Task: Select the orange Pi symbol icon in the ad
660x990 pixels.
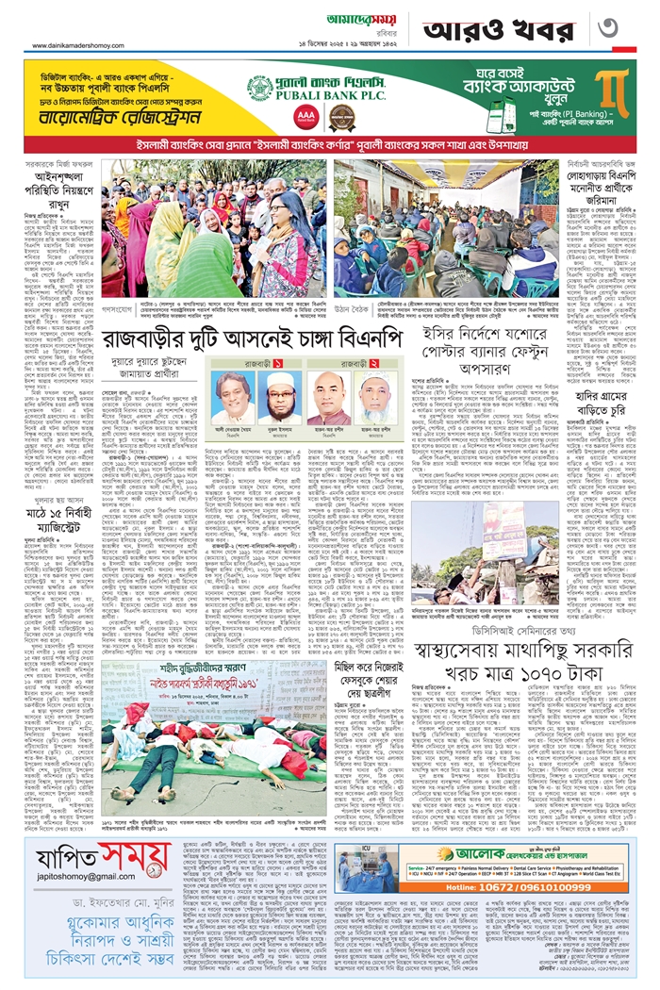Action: [x=615, y=92]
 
